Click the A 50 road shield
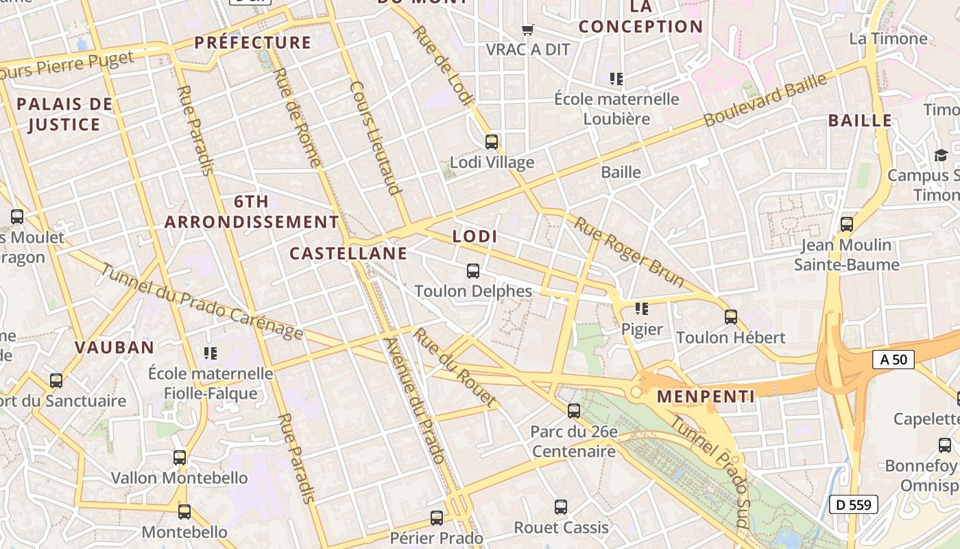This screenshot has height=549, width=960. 893,359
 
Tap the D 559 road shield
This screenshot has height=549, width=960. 854,505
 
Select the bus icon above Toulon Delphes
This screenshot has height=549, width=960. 473,271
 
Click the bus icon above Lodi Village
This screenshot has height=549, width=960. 492,142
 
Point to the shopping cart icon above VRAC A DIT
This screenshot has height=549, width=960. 527,30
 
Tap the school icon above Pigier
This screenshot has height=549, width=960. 642,309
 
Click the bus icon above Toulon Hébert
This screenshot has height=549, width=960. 731,317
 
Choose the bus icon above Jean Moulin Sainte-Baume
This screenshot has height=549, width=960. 847,224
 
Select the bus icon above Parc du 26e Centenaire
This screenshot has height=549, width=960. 574,411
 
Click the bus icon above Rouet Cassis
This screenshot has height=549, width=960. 561,507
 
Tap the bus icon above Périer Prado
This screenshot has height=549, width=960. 437,518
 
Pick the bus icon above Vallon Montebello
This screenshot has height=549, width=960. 180,457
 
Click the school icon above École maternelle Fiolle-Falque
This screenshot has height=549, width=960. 211,353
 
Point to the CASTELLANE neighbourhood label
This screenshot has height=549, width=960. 348,253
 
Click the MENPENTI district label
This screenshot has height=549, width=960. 706,397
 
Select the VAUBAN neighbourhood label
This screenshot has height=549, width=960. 115,347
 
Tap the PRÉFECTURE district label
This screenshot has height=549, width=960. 253,43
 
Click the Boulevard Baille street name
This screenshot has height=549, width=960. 765,100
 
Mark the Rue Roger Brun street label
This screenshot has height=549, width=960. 629,252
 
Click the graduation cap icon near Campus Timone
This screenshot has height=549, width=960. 941,156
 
